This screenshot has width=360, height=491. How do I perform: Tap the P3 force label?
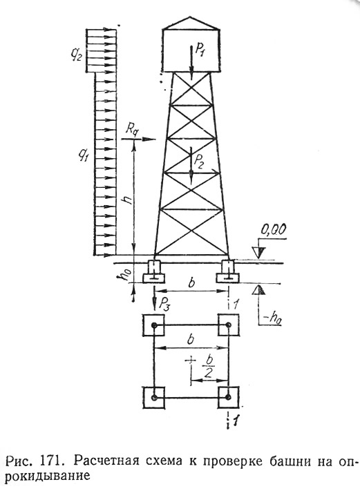pyautogui.click(x=165, y=302)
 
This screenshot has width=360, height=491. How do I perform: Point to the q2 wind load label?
pyautogui.click(x=76, y=57)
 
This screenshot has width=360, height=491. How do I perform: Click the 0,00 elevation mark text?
pyautogui.click(x=273, y=231)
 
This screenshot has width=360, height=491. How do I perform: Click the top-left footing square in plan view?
pyautogui.click(x=153, y=326)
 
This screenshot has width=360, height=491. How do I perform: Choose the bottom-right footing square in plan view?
pyautogui.click(x=229, y=397)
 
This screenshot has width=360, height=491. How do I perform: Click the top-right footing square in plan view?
pyautogui.click(x=229, y=326)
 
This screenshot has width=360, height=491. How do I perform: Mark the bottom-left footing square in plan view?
pyautogui.click(x=153, y=397)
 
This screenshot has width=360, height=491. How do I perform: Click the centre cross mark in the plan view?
pyautogui.click(x=190, y=360)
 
